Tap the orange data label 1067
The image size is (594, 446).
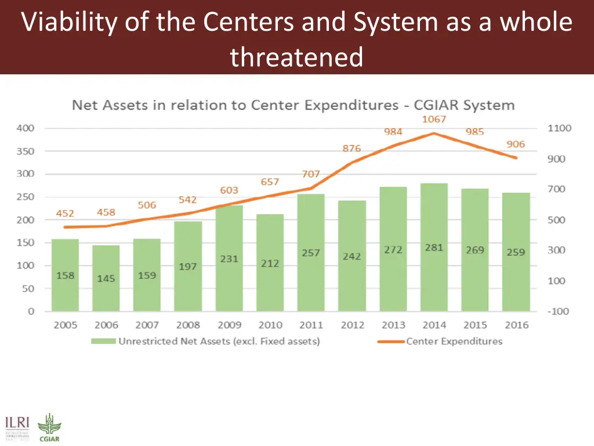[433, 119]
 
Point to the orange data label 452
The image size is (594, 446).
[65, 213]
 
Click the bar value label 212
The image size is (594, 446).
[270, 263]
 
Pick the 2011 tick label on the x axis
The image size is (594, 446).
[311, 325]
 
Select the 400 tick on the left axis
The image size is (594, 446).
[25, 128]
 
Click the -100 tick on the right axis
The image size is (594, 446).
[559, 311]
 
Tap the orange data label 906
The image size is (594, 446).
[515, 144]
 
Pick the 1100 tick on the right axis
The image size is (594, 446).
[559, 128]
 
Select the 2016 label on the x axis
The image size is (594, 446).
[516, 325]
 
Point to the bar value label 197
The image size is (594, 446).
[188, 267]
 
